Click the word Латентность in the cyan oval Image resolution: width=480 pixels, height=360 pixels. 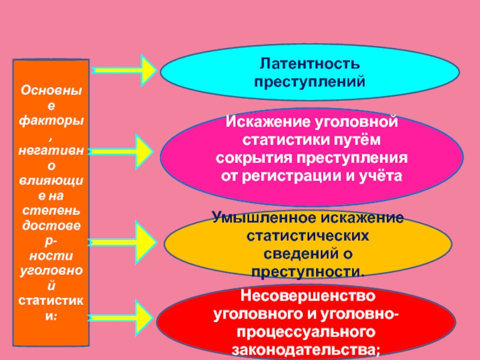310,64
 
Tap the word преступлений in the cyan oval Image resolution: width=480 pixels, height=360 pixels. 310,82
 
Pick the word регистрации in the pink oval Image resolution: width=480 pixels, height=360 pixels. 292,176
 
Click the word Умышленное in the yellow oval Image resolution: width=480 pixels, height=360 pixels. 264,218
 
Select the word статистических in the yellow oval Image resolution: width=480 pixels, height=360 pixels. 308,236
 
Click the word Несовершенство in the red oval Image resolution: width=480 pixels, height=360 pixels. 308,296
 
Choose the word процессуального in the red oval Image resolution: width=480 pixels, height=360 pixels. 306,333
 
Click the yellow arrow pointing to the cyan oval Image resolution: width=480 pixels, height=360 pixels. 124,70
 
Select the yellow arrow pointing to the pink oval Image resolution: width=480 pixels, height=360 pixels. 121,152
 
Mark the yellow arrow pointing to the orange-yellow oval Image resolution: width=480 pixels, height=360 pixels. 122,242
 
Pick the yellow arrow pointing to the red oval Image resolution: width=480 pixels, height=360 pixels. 121,318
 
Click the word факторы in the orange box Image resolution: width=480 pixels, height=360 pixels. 51,121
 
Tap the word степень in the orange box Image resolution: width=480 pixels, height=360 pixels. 51,211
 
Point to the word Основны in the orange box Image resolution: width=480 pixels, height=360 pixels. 51,91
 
